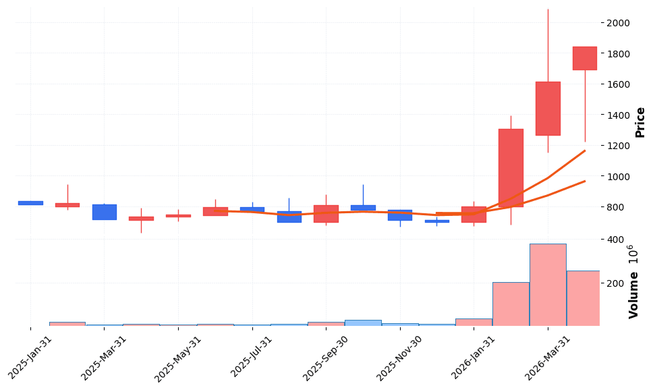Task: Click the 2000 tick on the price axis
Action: tap(618, 23)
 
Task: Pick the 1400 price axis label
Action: tap(618, 115)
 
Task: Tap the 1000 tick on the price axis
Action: tap(618, 177)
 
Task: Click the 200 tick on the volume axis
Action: tap(615, 283)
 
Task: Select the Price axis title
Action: tap(640, 122)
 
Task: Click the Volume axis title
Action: tap(634, 282)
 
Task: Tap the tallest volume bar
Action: tap(547, 285)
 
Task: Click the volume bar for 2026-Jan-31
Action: tap(474, 323)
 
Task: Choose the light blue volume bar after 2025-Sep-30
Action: tap(363, 323)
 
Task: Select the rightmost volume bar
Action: tap(584, 298)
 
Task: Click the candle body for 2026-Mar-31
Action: tap(547, 109)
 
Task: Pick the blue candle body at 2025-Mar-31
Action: tap(105, 212)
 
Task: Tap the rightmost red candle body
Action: tap(584, 58)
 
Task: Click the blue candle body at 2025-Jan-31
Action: tap(30, 202)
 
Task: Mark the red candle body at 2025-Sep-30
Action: tap(326, 214)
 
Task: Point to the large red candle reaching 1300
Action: tap(511, 168)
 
